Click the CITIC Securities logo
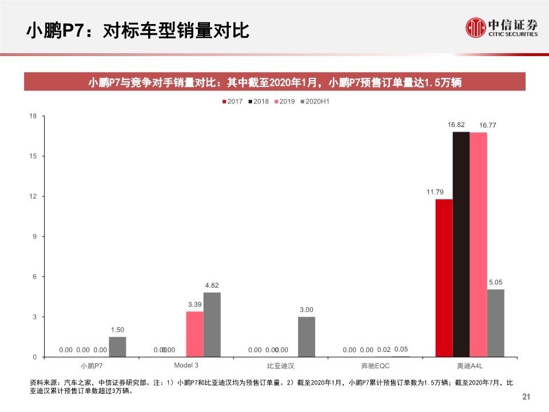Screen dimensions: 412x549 click(502, 27)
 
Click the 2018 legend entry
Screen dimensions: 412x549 click(257, 102)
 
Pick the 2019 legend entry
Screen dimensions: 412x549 click(284, 102)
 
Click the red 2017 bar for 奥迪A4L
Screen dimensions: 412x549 click(444, 278)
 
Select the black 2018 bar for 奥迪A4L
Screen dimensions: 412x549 click(461, 244)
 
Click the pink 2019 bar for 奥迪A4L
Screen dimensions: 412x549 click(478, 245)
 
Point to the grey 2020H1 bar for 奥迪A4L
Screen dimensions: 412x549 click(496, 323)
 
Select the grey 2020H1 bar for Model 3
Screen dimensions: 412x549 click(212, 324)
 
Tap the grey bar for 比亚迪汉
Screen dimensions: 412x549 click(307, 337)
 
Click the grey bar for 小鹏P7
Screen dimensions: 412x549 click(117, 347)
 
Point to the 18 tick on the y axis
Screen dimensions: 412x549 click(33, 116)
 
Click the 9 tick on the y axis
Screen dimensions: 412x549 click(34, 236)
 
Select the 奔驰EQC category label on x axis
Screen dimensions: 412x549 click(375, 365)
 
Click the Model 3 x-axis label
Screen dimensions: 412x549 click(186, 365)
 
